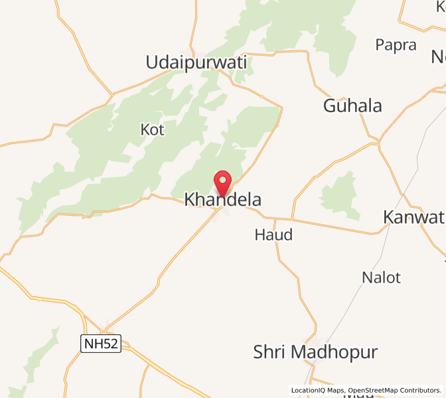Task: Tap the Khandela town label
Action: coord(222,200)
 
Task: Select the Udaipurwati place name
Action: coord(196,63)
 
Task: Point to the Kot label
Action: coord(152,129)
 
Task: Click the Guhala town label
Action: coord(352,105)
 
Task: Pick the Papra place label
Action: coord(396,45)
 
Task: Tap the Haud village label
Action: coord(273,235)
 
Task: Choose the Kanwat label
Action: coord(413,218)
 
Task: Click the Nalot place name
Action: coord(381,277)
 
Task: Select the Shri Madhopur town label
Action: coord(315,352)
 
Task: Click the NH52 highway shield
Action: coord(101,344)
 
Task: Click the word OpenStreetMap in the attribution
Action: coord(374,390)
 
